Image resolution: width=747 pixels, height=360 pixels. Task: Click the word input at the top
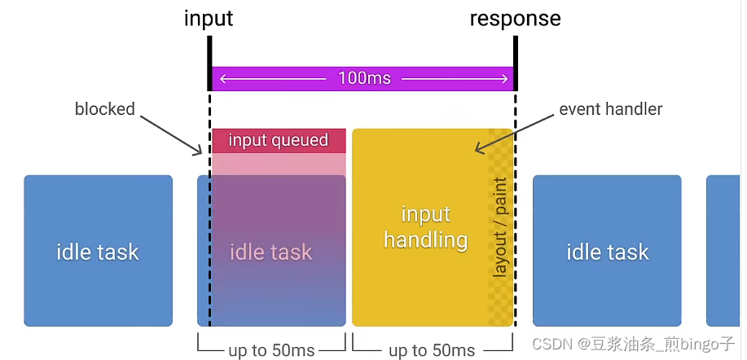(x=209, y=18)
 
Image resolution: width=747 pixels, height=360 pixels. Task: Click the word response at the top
(x=515, y=18)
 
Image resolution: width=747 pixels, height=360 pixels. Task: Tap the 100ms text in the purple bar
(x=363, y=78)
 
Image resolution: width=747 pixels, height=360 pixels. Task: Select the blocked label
(x=105, y=108)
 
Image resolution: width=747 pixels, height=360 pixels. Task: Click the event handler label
(x=610, y=108)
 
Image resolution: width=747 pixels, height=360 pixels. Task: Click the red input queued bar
(x=279, y=140)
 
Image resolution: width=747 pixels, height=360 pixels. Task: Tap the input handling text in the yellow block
(x=425, y=227)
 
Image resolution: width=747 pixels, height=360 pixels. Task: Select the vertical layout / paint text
(x=500, y=227)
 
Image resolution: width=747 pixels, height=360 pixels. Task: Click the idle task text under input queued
(x=270, y=252)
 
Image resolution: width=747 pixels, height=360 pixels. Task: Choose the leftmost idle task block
(x=98, y=251)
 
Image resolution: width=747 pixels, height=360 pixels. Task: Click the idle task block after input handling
(x=607, y=251)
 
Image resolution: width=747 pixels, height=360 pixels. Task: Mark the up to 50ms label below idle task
(x=271, y=350)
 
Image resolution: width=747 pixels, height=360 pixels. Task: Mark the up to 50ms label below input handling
(x=432, y=350)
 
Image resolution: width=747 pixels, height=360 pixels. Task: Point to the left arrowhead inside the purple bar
(x=222, y=79)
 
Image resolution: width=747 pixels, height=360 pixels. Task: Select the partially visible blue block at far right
(x=724, y=251)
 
